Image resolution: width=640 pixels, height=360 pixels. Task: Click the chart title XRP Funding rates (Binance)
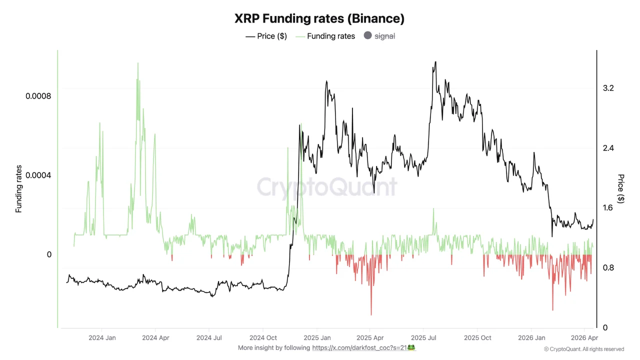(319, 18)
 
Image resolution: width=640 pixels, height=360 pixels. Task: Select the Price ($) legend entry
(266, 36)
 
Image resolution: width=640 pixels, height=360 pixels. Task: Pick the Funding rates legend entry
(325, 36)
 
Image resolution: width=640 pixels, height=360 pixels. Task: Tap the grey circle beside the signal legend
(368, 35)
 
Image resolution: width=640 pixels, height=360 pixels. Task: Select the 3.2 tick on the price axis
(608, 88)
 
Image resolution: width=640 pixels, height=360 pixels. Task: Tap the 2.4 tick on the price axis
(608, 148)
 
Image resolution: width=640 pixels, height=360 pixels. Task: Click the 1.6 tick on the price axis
(608, 208)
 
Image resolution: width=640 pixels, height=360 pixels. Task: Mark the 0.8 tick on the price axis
(608, 268)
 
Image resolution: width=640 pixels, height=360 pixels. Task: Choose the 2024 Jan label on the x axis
(101, 338)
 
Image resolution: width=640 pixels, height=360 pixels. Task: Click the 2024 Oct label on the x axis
(263, 338)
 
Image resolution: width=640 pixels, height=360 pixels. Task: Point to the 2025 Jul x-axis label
(423, 338)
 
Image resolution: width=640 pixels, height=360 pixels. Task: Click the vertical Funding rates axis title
(19, 189)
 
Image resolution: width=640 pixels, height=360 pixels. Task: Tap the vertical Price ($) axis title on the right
(621, 189)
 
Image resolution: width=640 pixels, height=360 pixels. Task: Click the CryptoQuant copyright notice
(583, 349)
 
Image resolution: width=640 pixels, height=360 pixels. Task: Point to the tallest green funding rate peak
(137, 63)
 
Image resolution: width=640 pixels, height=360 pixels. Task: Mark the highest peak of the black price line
(435, 62)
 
